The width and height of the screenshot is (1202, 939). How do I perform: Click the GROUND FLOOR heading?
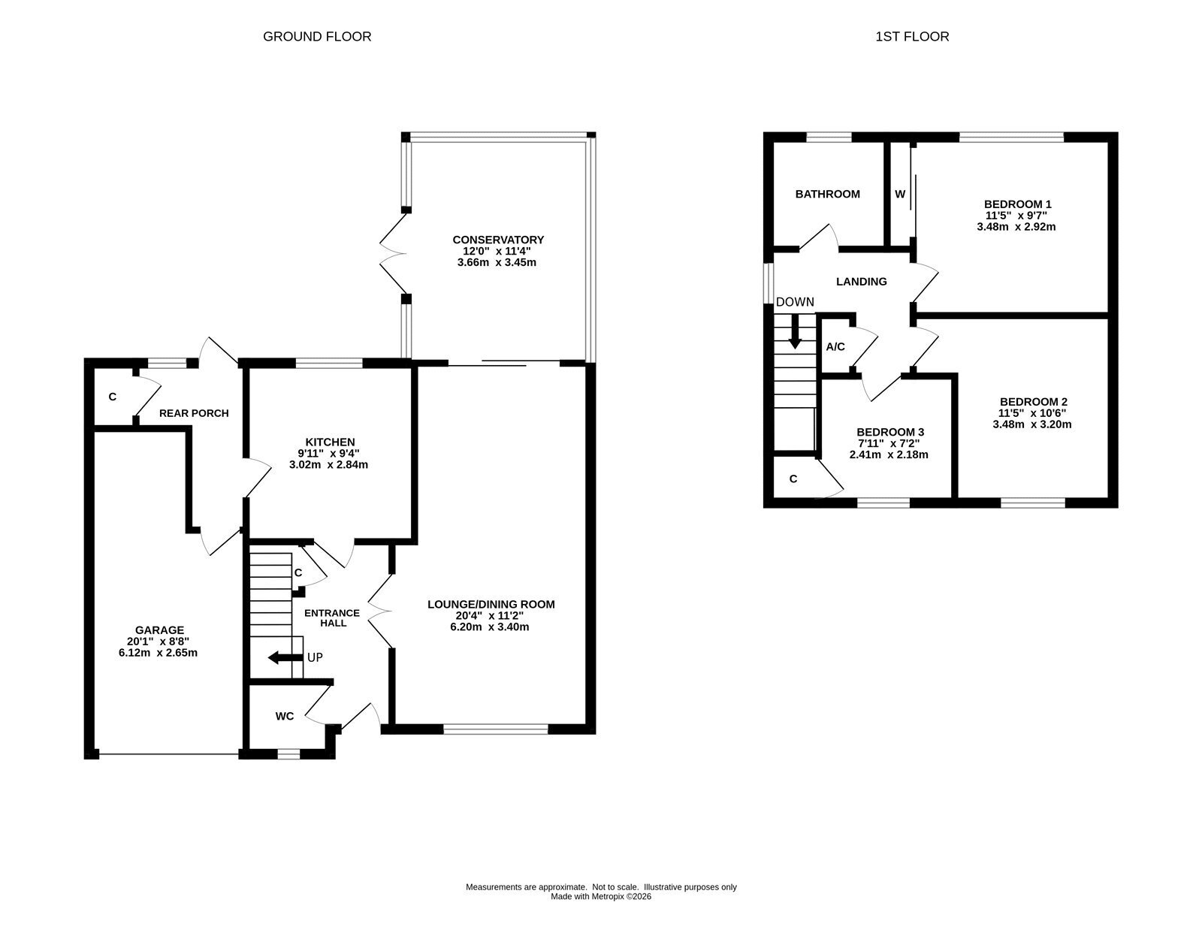pos(317,37)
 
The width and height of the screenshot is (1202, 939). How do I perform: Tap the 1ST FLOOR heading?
pos(912,37)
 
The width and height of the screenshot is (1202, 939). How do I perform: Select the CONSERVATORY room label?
pos(498,240)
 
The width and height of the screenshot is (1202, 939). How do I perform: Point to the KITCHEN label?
pos(331,442)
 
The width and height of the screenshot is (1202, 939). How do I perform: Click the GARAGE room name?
pos(159,630)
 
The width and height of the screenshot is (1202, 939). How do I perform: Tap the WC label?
pos(284,716)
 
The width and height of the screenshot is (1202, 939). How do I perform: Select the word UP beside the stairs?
pos(315,657)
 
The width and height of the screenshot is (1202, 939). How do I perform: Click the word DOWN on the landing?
pos(795,302)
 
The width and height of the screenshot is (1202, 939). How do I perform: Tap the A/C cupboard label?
pos(835,347)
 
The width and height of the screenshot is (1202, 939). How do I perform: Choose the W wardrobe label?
pos(900,194)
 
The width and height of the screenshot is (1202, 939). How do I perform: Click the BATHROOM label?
pos(828,194)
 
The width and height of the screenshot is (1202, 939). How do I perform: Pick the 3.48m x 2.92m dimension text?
pos(1016,227)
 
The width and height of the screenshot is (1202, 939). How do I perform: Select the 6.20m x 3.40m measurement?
pos(490,627)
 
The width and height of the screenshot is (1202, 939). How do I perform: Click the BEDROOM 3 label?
pos(890,432)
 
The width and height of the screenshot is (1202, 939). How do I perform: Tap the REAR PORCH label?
pos(194,413)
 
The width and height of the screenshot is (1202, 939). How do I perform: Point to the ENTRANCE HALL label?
pos(332,618)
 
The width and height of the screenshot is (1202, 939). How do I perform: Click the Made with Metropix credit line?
pos(601,896)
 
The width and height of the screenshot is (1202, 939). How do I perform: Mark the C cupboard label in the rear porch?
pos(112,397)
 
